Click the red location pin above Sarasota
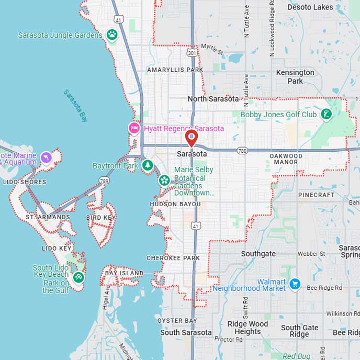192,138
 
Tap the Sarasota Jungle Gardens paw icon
112,35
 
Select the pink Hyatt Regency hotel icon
134,128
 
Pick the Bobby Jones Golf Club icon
327,114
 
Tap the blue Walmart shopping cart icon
295,284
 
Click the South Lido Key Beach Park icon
78,277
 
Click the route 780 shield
242,151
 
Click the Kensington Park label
295,76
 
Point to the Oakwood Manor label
286,159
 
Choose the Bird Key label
101,217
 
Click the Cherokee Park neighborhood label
173,258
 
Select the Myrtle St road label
212,50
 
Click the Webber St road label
311,254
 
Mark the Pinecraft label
316,195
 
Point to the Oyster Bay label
177,320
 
